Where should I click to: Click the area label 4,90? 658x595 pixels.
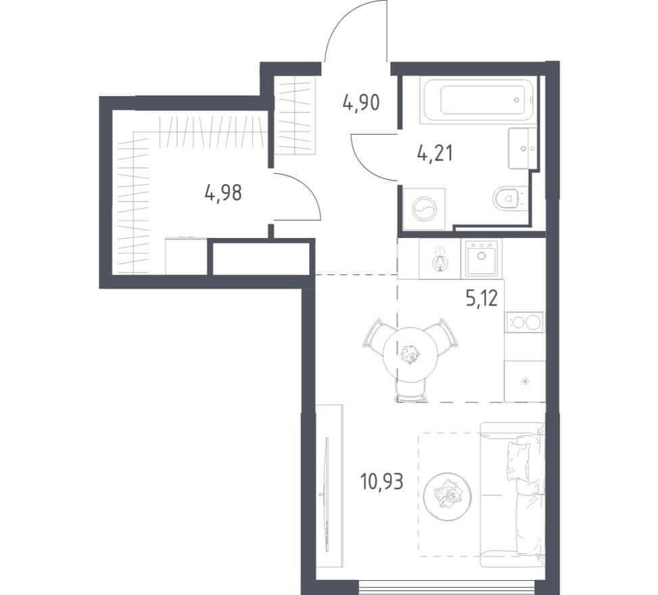(361, 103)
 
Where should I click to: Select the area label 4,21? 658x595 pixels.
(435, 153)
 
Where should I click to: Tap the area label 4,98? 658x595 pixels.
(223, 193)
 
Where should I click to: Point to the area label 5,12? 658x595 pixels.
(481, 298)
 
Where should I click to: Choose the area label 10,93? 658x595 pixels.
(381, 481)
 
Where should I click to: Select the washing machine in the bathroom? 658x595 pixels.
(424, 208)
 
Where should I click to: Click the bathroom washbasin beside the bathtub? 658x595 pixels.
(523, 148)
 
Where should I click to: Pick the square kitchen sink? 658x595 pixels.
(481, 258)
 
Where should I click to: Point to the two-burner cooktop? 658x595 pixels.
(525, 323)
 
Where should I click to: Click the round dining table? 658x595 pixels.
(410, 355)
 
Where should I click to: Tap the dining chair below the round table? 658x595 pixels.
(411, 390)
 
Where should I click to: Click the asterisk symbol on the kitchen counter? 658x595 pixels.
(525, 381)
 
